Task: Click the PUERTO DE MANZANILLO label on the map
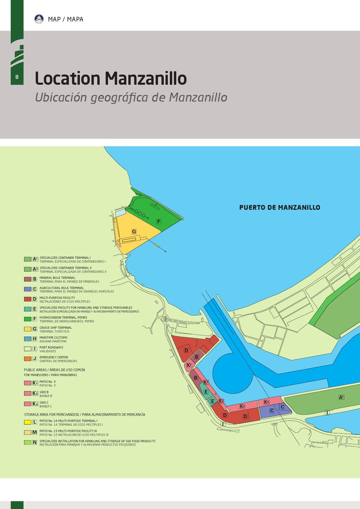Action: (x=280, y=207)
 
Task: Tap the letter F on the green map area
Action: (x=158, y=222)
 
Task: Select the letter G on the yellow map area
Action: (x=134, y=232)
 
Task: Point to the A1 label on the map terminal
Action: (x=341, y=397)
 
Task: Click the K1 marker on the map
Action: (x=189, y=365)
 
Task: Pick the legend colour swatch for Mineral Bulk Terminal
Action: (x=28, y=279)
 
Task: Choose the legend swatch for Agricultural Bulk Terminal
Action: (x=28, y=289)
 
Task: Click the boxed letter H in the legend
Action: (x=35, y=339)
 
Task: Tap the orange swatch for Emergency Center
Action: (x=28, y=359)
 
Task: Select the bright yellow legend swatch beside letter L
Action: (x=28, y=422)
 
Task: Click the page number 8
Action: (x=17, y=77)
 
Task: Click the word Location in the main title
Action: (x=67, y=78)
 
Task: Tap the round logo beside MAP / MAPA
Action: (x=39, y=19)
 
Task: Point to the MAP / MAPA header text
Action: (x=66, y=19)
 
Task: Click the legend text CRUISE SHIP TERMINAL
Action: (x=56, y=328)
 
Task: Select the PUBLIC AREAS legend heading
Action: (x=54, y=370)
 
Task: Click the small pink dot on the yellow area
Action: (x=120, y=246)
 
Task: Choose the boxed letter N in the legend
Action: (x=35, y=442)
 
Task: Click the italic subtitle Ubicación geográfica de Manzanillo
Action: (x=131, y=97)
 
